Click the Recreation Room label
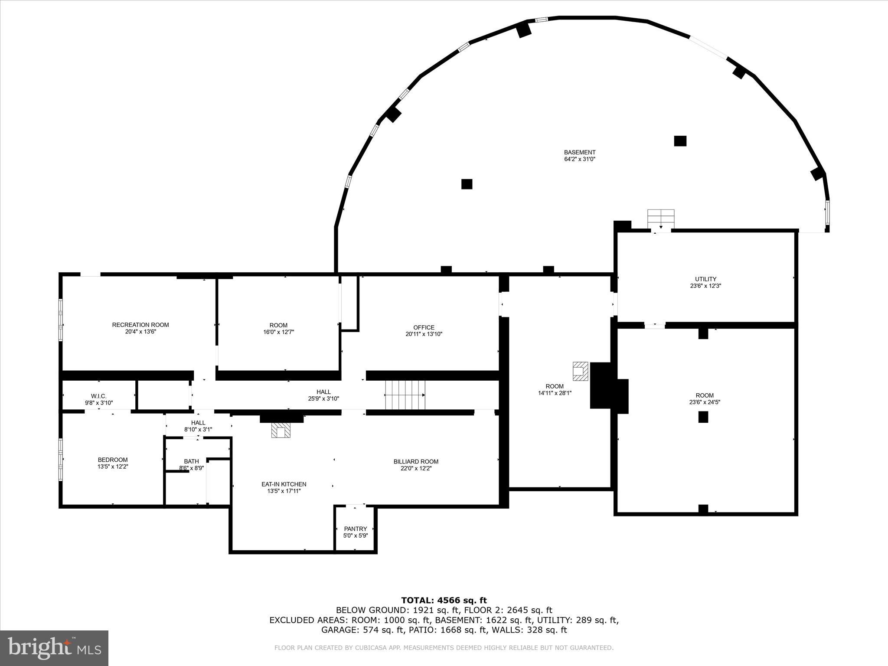click(140, 325)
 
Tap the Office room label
click(424, 327)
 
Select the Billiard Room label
click(416, 462)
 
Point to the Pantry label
click(355, 529)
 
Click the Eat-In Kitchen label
click(284, 484)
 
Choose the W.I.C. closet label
click(98, 396)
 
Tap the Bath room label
click(191, 461)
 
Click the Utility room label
click(705, 279)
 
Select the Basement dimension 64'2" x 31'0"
click(579, 159)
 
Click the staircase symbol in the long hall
click(405, 395)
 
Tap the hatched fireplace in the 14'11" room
click(580, 371)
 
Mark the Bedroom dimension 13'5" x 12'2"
click(113, 467)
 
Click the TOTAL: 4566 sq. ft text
click(444, 600)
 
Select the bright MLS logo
click(54, 648)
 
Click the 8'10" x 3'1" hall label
click(198, 429)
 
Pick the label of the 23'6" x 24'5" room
click(705, 395)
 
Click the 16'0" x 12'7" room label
click(278, 325)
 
